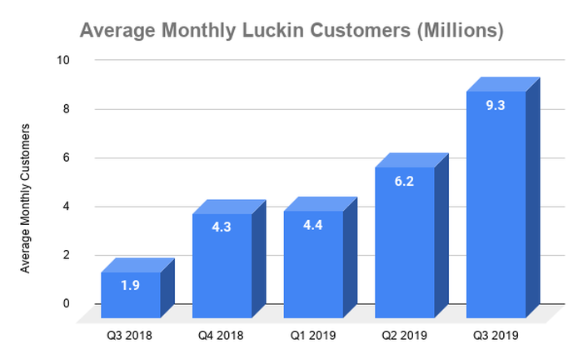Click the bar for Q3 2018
pyautogui.click(x=131, y=295)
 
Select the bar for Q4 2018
pyautogui.click(x=222, y=267)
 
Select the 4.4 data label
pyautogui.click(x=313, y=226)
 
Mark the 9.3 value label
pyautogui.click(x=496, y=106)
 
